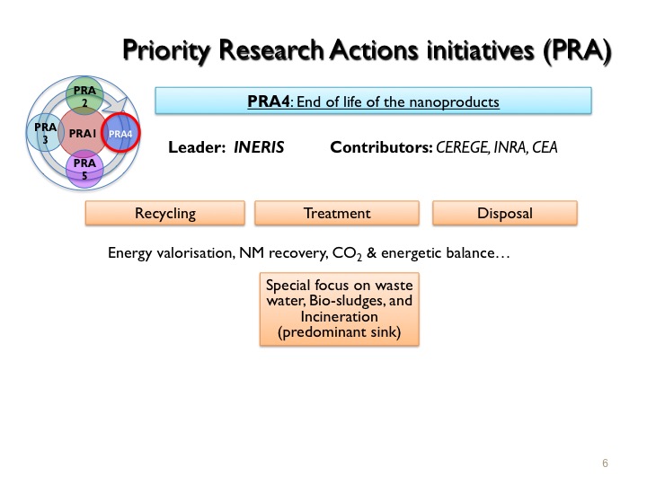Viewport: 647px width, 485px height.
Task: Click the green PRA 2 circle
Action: (x=84, y=95)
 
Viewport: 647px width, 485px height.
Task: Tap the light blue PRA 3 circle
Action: (x=45, y=133)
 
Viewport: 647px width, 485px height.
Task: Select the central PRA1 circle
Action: (x=84, y=133)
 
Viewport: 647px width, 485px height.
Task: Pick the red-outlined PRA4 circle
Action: (x=120, y=133)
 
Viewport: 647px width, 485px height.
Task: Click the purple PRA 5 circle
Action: (x=84, y=169)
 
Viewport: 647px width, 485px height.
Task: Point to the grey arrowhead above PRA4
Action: (x=115, y=105)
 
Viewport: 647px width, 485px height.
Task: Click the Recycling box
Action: (x=165, y=213)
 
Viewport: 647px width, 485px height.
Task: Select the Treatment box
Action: (x=337, y=213)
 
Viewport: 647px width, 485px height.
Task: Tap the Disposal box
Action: (x=505, y=213)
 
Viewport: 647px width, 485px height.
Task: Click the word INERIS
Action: (x=259, y=147)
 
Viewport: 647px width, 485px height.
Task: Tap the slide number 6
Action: (x=605, y=463)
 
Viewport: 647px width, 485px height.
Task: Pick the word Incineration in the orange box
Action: (x=339, y=316)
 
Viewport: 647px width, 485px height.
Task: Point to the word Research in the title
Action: (x=271, y=50)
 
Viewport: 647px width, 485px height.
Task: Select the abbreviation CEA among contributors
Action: (x=545, y=147)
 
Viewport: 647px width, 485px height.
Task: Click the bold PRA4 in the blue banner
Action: (x=268, y=101)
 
